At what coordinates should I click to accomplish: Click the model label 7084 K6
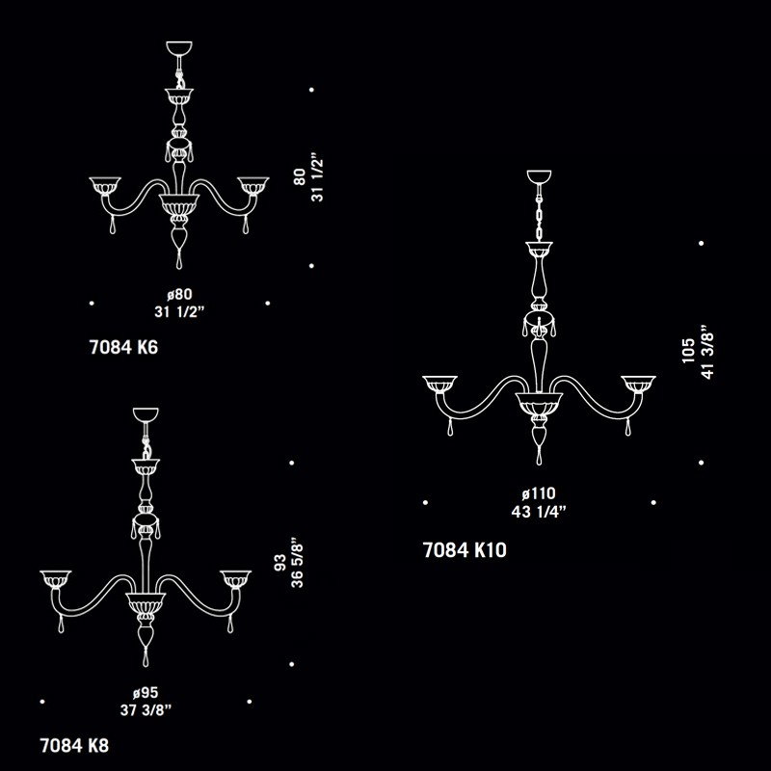tap(123, 347)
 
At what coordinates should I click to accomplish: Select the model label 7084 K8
tap(74, 745)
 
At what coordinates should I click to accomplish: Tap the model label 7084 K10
tap(465, 550)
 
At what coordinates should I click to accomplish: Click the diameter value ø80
tap(179, 295)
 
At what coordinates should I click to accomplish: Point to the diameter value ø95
tap(146, 693)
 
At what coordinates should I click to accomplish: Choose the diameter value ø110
tap(539, 493)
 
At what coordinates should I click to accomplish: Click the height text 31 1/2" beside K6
tap(318, 180)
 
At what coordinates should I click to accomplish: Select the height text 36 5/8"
tap(297, 566)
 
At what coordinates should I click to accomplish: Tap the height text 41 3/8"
tap(706, 352)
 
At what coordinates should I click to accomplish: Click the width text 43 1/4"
tap(539, 512)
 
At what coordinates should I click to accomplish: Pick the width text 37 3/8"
tap(146, 710)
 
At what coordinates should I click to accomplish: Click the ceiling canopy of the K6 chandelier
tap(179, 49)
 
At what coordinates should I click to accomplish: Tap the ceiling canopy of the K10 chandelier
tap(540, 177)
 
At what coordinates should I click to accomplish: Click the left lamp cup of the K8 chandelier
tap(56, 580)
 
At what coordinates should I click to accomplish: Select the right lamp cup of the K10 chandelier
tap(638, 385)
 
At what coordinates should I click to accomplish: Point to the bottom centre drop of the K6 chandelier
tap(179, 259)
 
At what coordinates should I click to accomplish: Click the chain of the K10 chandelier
tap(540, 213)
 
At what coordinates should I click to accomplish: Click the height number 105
tap(688, 351)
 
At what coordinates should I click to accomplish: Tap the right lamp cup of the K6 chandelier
tap(253, 186)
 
